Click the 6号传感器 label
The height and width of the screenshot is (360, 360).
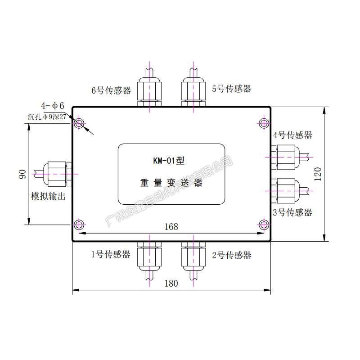coord(111,90)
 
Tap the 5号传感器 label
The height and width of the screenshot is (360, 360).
coord(231,89)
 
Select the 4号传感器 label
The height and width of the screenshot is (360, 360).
coord(292,135)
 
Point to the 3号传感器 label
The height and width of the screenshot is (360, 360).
coord(292,212)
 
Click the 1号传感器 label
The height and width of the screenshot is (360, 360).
coord(111,255)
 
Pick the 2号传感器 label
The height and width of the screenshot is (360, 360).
coord(231,255)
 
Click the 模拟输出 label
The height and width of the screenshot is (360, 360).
coord(48,196)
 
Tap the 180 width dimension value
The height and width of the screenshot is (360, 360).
coord(171,283)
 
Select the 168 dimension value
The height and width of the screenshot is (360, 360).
coord(171,227)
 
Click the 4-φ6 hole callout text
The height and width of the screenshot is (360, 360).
coord(53,106)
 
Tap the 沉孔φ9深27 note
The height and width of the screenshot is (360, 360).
coord(47,116)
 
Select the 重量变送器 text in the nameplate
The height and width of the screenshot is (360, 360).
coord(171,183)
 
